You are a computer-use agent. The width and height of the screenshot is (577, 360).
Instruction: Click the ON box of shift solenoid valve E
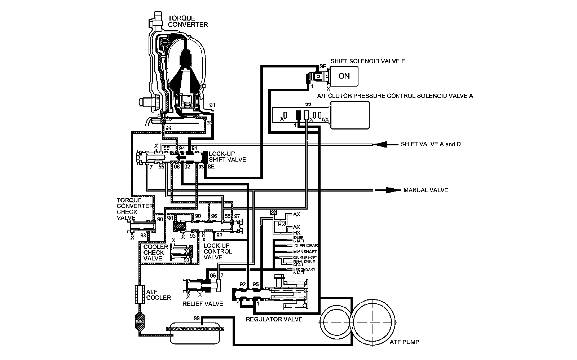pyautogui.click(x=344, y=76)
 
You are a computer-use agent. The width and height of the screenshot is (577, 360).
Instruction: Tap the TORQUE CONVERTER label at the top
pyautogui.click(x=188, y=21)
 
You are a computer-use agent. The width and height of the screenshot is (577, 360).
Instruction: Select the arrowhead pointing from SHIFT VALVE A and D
pyautogui.click(x=382, y=144)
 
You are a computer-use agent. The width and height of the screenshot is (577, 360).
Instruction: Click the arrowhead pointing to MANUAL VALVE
pyautogui.click(x=393, y=190)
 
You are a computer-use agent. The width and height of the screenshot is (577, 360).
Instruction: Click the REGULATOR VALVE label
pyautogui.click(x=274, y=319)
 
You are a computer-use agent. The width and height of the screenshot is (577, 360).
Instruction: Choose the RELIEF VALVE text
pyautogui.click(x=203, y=304)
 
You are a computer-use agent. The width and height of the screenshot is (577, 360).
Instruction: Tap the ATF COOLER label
pyautogui.click(x=159, y=295)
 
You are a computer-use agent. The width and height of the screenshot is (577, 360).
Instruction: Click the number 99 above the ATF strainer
pyautogui.click(x=197, y=318)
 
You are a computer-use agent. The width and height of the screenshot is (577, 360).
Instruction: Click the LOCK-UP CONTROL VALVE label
pyautogui.click(x=218, y=251)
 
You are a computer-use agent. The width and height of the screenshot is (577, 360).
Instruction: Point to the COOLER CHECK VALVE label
pyautogui.click(x=156, y=253)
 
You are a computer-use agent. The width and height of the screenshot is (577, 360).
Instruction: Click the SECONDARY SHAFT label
pyautogui.click(x=304, y=271)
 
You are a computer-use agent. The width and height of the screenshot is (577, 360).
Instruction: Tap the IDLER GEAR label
pyautogui.click(x=300, y=246)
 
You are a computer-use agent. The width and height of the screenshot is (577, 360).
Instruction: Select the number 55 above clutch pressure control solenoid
pyautogui.click(x=308, y=104)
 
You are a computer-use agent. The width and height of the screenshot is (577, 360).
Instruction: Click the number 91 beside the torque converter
pyautogui.click(x=212, y=105)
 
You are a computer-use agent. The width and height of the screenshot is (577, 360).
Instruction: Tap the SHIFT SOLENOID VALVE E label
pyautogui.click(x=367, y=61)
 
